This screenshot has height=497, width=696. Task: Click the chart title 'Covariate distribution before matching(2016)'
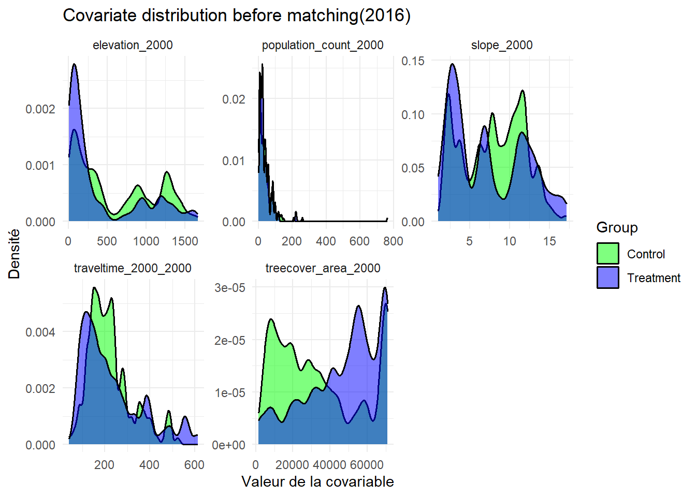pos(237,16)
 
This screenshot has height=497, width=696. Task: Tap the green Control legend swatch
pos(607,254)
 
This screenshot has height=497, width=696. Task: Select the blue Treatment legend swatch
pos(607,277)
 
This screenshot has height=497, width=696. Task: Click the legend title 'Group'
pos(617,227)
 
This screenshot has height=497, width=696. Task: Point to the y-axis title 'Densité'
pos(14,254)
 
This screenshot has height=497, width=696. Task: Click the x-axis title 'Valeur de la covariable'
pos(317,481)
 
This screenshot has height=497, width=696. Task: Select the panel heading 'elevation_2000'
pos(133,45)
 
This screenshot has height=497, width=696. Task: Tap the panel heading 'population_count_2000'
pos(323,45)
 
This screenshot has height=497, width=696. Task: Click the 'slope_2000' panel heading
pos(502,45)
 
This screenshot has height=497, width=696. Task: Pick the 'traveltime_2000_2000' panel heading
pos(133,268)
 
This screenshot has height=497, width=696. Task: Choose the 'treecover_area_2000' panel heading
pos(323,268)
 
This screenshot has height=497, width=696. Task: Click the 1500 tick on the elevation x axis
pos(185,241)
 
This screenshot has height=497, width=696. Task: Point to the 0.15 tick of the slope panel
pos(413,61)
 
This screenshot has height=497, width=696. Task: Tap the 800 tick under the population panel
pos(393,241)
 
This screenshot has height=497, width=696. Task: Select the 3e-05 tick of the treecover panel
pos(230,288)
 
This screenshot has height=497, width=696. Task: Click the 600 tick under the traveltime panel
pos(194,464)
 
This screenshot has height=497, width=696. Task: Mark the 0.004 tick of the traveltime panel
pos(40,332)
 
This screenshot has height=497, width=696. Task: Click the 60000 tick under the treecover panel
pos(367,464)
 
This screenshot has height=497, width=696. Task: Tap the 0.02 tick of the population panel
pos(234,99)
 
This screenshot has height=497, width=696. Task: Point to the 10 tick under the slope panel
pos(510,241)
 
